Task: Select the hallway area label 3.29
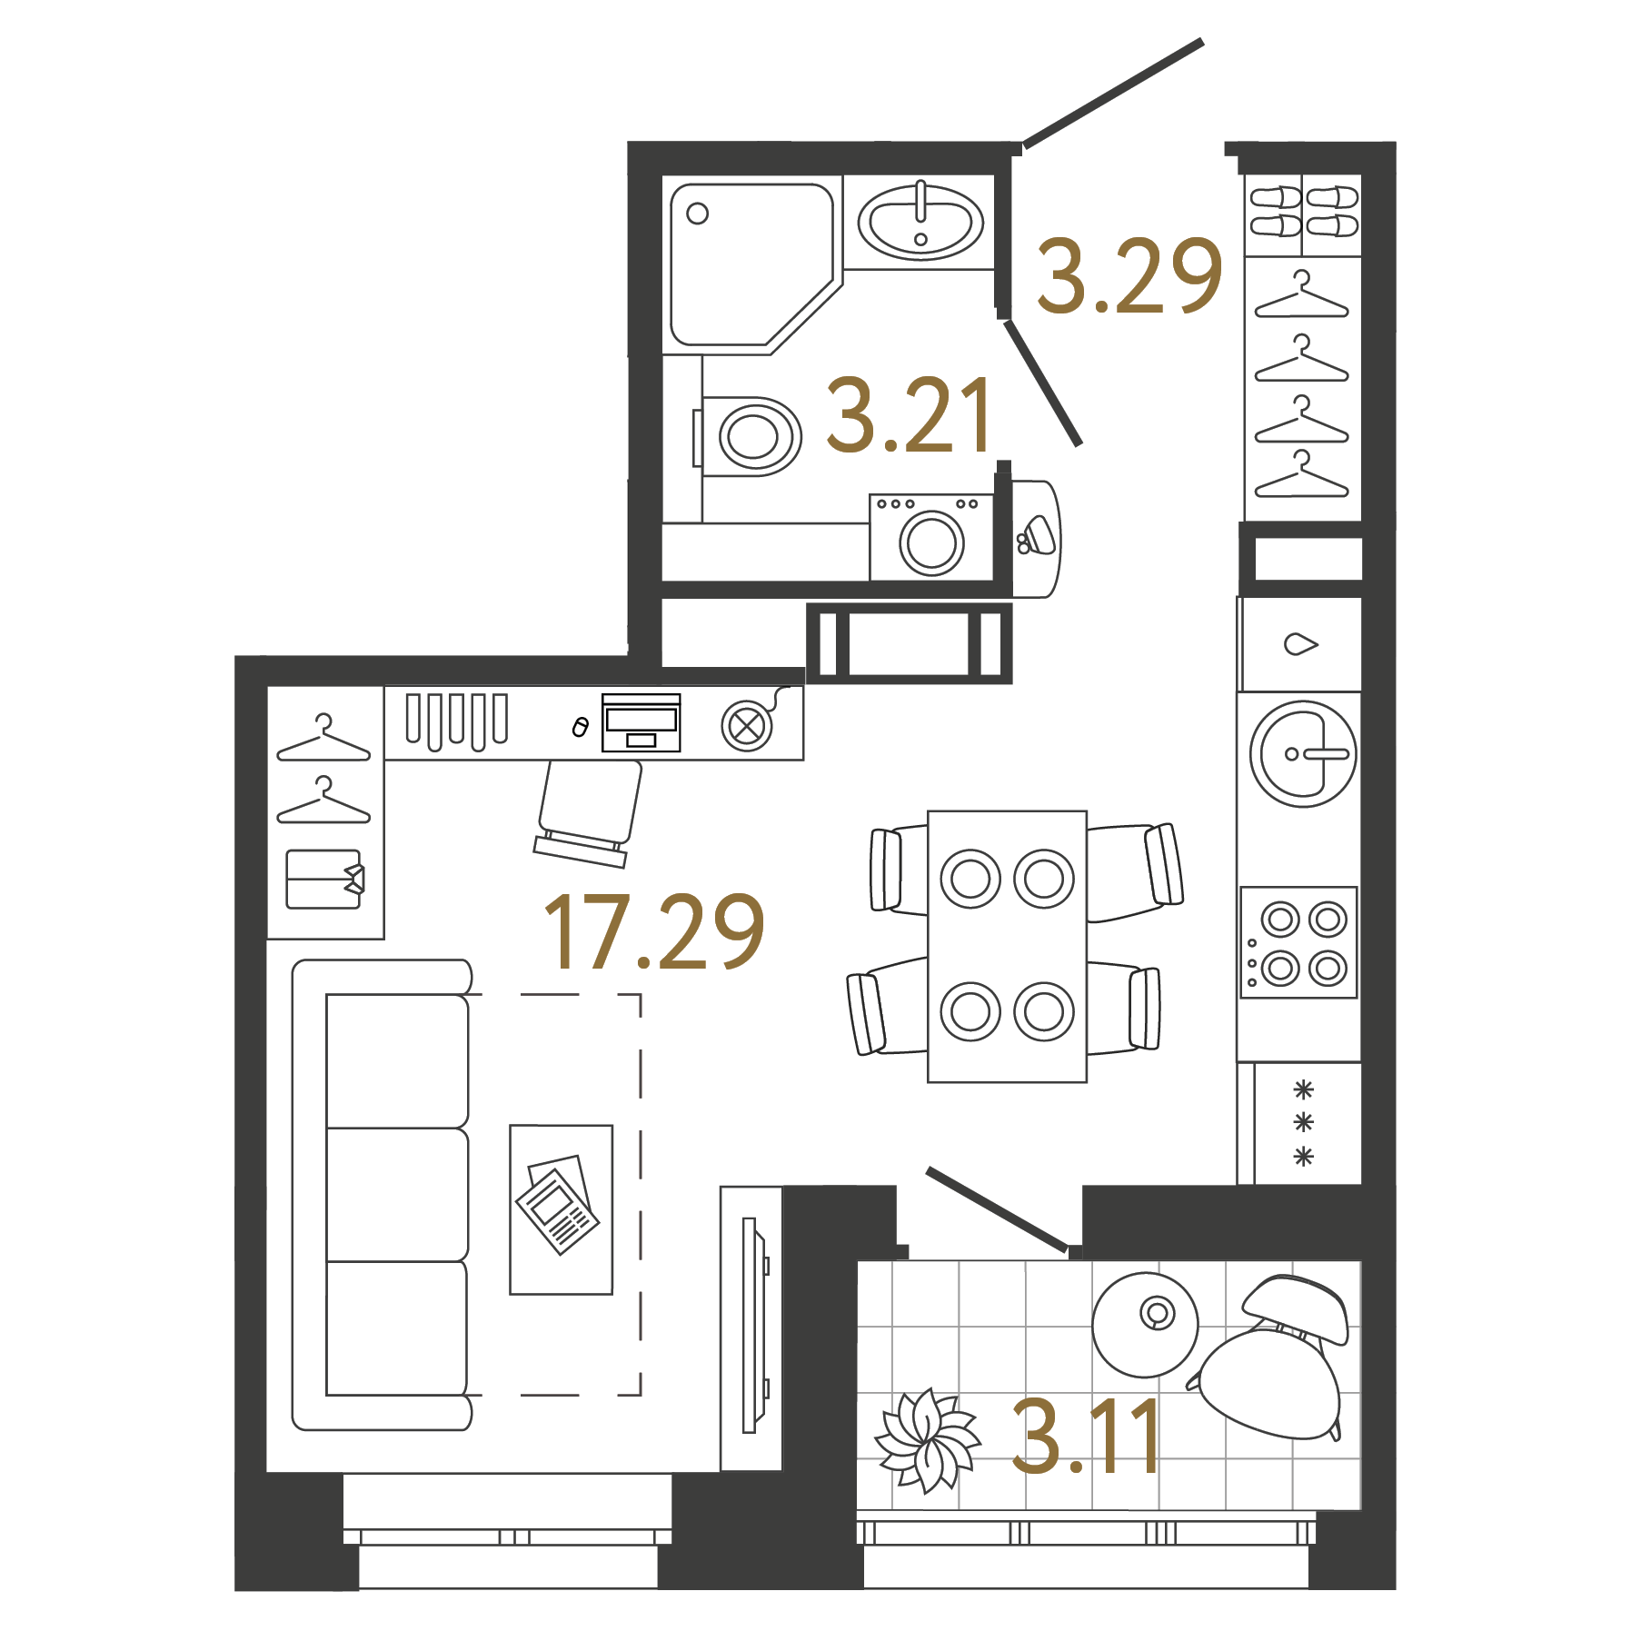1129,276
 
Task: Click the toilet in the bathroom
750,436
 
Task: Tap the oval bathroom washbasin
920,222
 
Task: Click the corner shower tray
745,264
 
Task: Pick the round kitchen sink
1303,753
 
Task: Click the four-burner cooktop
1299,943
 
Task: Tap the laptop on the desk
641,723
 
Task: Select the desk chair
589,809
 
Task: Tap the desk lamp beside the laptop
748,725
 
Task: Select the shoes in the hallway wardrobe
1303,211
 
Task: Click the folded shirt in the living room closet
325,879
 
